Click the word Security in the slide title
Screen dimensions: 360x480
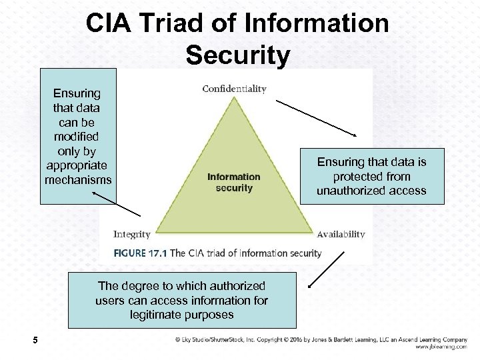pyautogui.click(x=238, y=55)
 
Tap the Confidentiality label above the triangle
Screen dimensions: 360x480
pyautogui.click(x=234, y=89)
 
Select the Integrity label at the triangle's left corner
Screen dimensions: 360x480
pyautogui.click(x=132, y=234)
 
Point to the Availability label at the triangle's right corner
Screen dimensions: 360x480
pyautogui.click(x=341, y=234)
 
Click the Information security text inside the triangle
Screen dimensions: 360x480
pyautogui.click(x=233, y=182)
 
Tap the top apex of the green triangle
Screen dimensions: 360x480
pyautogui.click(x=234, y=98)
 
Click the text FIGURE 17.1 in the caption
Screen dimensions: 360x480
pyautogui.click(x=141, y=253)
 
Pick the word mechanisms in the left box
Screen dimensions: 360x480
pyautogui.click(x=78, y=180)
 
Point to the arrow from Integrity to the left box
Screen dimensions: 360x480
pyautogui.click(x=117, y=203)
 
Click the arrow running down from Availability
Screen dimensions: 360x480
pyautogui.click(x=326, y=269)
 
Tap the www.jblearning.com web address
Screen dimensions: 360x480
pyautogui.click(x=441, y=347)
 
